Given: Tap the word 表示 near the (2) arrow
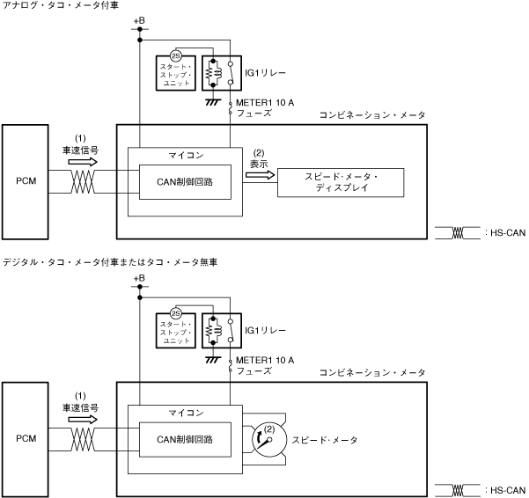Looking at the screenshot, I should (x=259, y=163).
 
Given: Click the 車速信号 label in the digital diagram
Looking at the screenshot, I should (x=79, y=407).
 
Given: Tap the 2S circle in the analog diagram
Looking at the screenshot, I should (x=175, y=54).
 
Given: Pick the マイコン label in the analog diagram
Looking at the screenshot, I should (x=186, y=155).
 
